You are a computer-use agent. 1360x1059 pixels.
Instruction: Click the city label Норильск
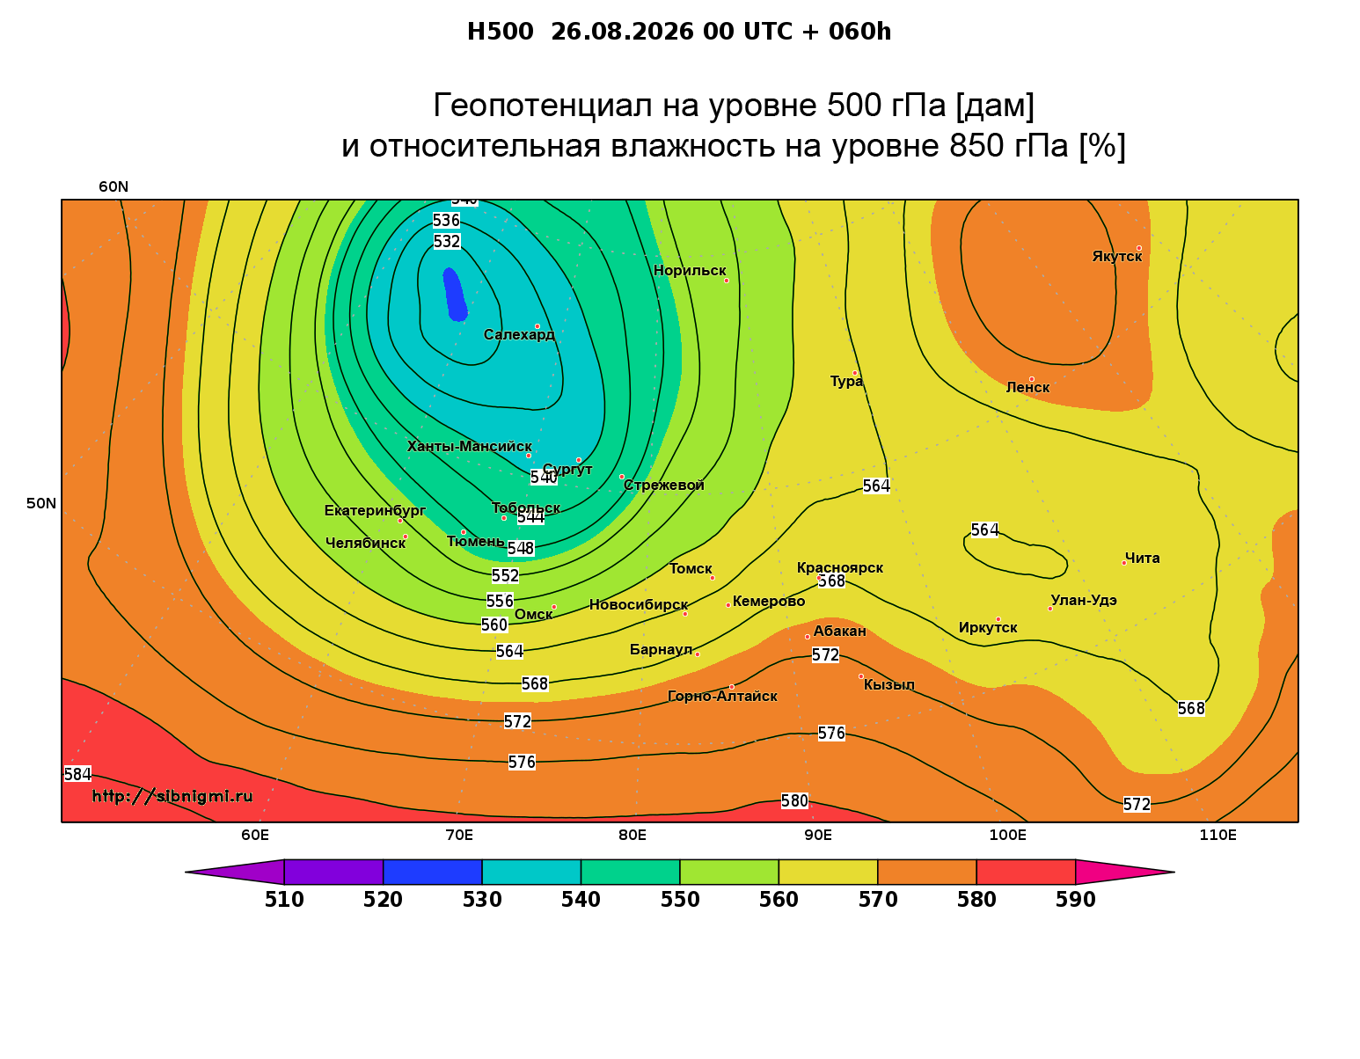coord(689,270)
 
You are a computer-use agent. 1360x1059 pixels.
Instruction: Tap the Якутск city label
coord(1116,256)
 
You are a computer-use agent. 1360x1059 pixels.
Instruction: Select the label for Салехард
coord(519,334)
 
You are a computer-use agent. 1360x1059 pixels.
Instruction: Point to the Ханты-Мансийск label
coord(469,446)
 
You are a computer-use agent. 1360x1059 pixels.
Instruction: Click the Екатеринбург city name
coord(375,510)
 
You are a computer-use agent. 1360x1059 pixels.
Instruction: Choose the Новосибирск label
coord(639,605)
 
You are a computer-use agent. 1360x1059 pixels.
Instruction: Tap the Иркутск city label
coord(988,627)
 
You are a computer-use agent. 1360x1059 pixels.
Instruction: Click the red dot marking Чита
coord(1124,563)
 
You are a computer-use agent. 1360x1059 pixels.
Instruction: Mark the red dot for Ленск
coord(1031,379)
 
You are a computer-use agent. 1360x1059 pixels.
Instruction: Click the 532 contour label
coord(447,242)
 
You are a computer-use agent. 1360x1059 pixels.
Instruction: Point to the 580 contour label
coord(794,800)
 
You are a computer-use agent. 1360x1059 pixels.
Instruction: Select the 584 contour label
coord(77,774)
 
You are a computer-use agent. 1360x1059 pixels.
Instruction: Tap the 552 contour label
coord(505,575)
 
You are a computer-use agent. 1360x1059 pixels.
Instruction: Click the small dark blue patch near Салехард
coord(455,295)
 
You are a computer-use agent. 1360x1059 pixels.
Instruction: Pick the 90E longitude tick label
coord(818,835)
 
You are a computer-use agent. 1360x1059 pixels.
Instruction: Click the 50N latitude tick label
coord(41,503)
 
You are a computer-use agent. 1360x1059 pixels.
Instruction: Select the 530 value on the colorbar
coord(482,900)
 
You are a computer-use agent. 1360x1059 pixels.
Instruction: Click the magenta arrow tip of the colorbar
coord(1174,872)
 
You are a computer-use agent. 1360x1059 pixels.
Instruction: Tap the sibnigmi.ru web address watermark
coord(172,796)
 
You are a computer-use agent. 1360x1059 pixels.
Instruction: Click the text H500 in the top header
coord(500,32)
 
